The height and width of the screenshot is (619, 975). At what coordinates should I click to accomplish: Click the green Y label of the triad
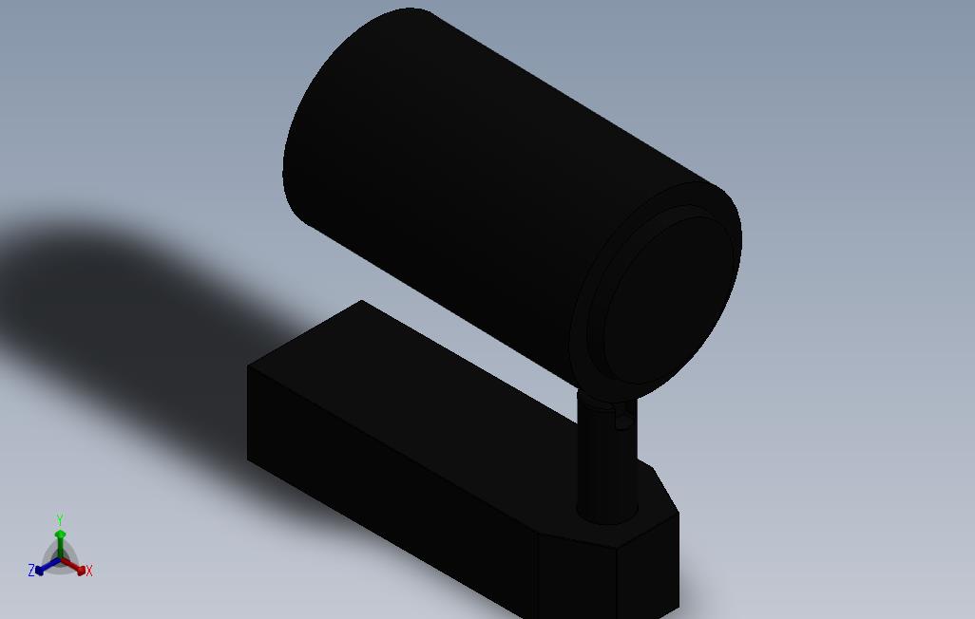(x=59, y=519)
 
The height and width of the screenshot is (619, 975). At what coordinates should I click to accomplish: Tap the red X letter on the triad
(x=88, y=571)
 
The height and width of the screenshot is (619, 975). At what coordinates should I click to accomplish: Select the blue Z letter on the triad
(x=31, y=571)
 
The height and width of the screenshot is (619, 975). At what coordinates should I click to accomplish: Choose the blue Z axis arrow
(x=43, y=569)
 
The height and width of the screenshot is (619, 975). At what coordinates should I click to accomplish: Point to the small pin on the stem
(x=623, y=417)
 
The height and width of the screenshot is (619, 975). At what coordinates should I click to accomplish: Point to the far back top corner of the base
(x=361, y=301)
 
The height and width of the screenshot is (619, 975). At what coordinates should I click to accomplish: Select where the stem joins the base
(x=606, y=517)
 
